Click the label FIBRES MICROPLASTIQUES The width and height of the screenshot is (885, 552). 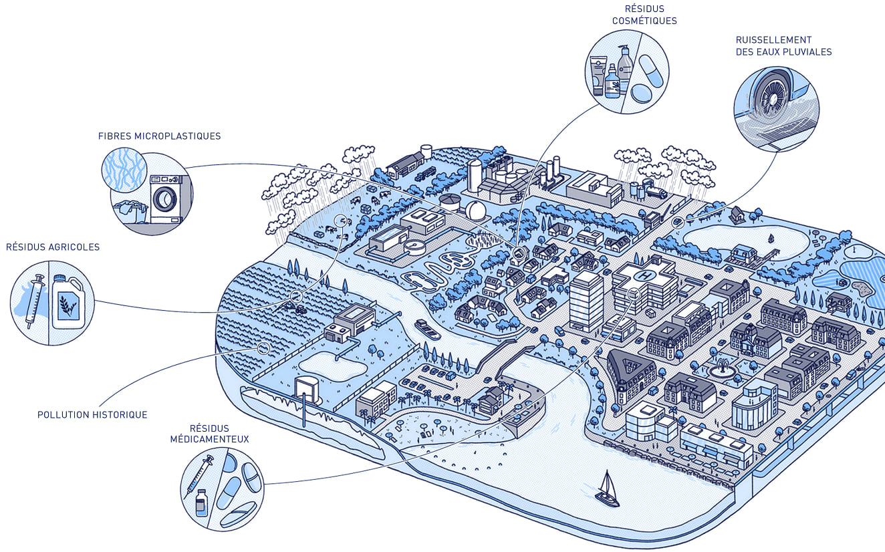[x=159, y=136]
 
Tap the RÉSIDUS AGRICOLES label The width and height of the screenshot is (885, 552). [x=53, y=247]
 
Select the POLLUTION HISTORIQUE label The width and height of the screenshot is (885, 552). [x=92, y=415]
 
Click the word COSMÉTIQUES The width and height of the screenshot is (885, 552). [x=644, y=21]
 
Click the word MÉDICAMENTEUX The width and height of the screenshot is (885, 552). [x=209, y=439]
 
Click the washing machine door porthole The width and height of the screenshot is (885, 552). [x=164, y=198]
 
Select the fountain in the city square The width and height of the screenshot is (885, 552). [x=723, y=369]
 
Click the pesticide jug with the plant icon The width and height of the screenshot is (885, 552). [x=69, y=301]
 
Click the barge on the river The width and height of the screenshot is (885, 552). [x=428, y=330]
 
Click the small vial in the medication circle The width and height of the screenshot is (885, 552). [x=201, y=503]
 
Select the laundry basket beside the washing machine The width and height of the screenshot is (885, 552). [x=130, y=213]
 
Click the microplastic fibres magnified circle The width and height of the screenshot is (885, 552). [x=124, y=170]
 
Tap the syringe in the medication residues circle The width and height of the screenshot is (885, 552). [x=199, y=476]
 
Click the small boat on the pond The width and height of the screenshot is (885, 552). [x=771, y=239]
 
